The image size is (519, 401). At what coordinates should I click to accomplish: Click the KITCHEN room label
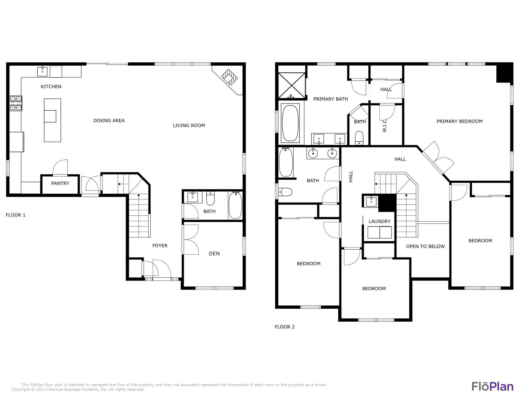[51, 86]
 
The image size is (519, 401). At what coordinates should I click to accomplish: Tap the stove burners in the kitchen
[16, 103]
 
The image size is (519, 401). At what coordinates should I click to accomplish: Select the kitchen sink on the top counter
[42, 71]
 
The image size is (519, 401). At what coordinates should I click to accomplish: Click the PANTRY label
[60, 183]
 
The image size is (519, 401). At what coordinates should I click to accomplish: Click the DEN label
[214, 254]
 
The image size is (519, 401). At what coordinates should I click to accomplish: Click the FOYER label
[160, 246]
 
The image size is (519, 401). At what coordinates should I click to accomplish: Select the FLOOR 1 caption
[16, 215]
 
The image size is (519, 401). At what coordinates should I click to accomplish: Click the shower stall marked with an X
[292, 85]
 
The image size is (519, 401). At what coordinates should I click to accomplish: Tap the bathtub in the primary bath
[290, 123]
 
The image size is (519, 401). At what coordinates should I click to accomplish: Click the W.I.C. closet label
[385, 126]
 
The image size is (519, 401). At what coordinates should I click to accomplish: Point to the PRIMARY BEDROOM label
[459, 121]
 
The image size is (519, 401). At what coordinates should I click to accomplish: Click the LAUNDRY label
[379, 221]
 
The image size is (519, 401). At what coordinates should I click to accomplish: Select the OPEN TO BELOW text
[425, 246]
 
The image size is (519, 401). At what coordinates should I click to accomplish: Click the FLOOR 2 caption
[285, 327]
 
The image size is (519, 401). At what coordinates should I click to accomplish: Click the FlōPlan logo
[492, 386]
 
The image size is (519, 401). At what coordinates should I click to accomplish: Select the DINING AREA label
[109, 120]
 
